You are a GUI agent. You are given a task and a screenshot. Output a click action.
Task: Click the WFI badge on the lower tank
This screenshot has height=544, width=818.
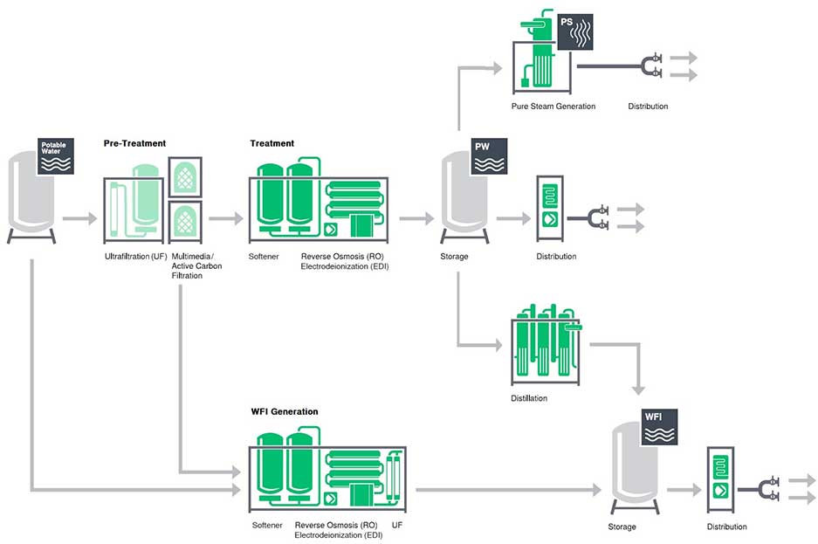click(x=660, y=426)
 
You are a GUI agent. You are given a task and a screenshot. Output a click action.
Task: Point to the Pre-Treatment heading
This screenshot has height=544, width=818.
click(x=134, y=142)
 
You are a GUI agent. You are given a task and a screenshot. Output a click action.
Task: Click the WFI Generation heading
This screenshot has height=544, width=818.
click(x=284, y=411)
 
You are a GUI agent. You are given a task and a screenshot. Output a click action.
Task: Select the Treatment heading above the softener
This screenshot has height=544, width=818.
click(x=272, y=143)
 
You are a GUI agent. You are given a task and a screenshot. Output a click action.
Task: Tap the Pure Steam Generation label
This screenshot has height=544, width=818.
click(x=553, y=107)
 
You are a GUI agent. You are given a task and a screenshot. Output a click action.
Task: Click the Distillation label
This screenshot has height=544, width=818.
click(x=529, y=398)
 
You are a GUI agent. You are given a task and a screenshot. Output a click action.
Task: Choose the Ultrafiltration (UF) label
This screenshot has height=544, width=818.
click(x=134, y=257)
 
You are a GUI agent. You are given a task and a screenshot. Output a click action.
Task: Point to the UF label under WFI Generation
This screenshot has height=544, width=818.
click(x=397, y=526)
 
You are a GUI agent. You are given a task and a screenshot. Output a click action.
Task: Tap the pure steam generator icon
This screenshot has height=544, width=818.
click(x=541, y=57)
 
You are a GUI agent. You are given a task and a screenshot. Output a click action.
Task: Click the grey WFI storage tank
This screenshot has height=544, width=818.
click(x=634, y=467)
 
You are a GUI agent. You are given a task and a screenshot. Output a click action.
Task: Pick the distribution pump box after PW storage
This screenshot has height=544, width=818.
click(x=550, y=209)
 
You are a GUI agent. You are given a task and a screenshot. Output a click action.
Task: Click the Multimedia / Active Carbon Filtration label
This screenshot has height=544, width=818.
click(x=197, y=266)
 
